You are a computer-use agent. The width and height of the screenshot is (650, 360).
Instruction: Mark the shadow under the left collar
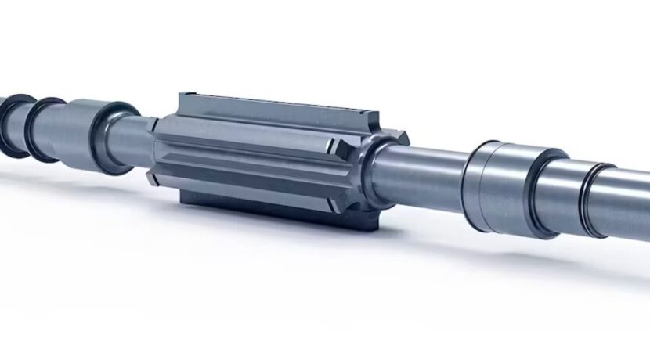pyautogui.click(x=94, y=172)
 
